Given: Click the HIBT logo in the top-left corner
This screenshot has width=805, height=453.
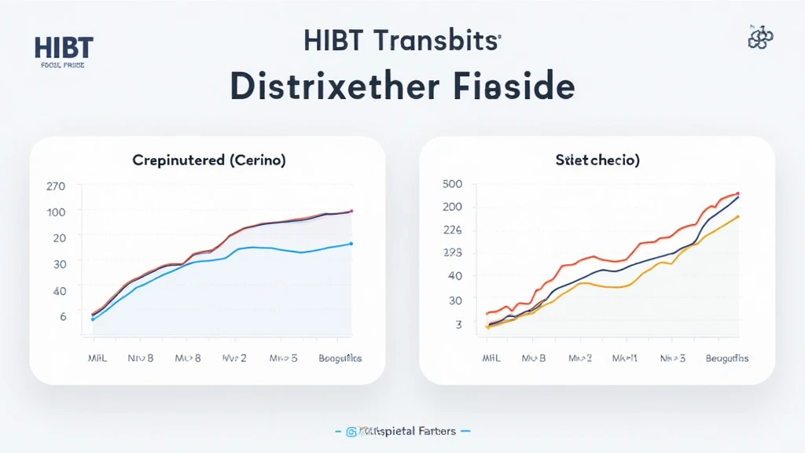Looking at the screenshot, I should [63, 48].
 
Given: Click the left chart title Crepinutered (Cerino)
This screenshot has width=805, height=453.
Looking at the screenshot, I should [208, 160].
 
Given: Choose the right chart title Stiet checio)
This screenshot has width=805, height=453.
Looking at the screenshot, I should [597, 160].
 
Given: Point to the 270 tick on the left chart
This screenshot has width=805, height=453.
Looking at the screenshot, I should [57, 187].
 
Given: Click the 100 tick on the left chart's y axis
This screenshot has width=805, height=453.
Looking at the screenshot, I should [57, 212].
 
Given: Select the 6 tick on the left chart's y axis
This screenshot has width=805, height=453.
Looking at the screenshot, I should [64, 315].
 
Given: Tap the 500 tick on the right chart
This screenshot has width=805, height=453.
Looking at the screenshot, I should [454, 184].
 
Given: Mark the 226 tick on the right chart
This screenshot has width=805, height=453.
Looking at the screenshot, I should [454, 230].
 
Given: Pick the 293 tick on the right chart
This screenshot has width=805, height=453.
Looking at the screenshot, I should [454, 253].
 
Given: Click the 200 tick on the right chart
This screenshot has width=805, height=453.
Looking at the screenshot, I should [454, 207].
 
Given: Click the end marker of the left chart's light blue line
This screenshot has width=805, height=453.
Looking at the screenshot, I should [351, 244].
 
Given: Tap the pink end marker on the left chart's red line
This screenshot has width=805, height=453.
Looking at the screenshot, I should [351, 211].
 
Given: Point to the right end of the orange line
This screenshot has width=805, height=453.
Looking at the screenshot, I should [738, 216].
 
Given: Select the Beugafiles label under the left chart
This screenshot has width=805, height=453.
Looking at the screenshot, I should [340, 358].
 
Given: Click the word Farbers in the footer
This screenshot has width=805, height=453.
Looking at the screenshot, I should [434, 432].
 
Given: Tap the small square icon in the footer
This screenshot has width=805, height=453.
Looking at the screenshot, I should [351, 432].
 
